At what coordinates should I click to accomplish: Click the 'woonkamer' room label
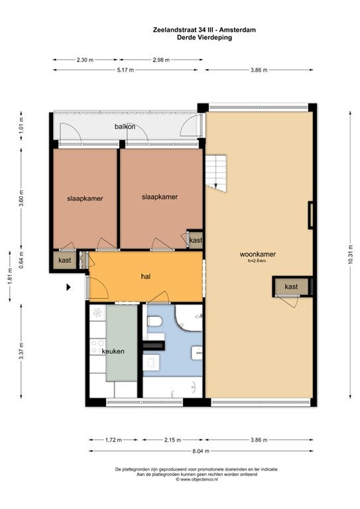tap(257, 254)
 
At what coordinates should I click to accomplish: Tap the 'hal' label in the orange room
tap(146, 276)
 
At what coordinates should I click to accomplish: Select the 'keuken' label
tap(113, 351)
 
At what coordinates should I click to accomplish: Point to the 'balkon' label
tap(125, 127)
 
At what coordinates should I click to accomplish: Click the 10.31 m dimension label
tap(350, 254)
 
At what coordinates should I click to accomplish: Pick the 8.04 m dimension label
tap(201, 451)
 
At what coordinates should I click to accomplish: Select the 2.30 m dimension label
tap(85, 60)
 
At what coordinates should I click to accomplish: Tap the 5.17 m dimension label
tap(125, 70)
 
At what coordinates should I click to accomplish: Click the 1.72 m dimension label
tap(113, 440)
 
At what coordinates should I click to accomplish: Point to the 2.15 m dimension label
tap(172, 440)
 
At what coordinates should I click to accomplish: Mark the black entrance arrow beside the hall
tap(68, 287)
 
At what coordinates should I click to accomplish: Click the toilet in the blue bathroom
tap(155, 321)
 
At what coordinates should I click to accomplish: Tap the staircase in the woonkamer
tap(216, 173)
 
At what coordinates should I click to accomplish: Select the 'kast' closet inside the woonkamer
tap(291, 286)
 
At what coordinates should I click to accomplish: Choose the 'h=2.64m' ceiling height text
tap(257, 260)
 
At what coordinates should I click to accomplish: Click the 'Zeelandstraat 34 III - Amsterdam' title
tap(204, 30)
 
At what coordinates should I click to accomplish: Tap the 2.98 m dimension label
tap(161, 60)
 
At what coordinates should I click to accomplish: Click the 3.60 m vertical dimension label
tap(21, 198)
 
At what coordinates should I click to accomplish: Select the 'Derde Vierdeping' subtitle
tap(204, 37)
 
